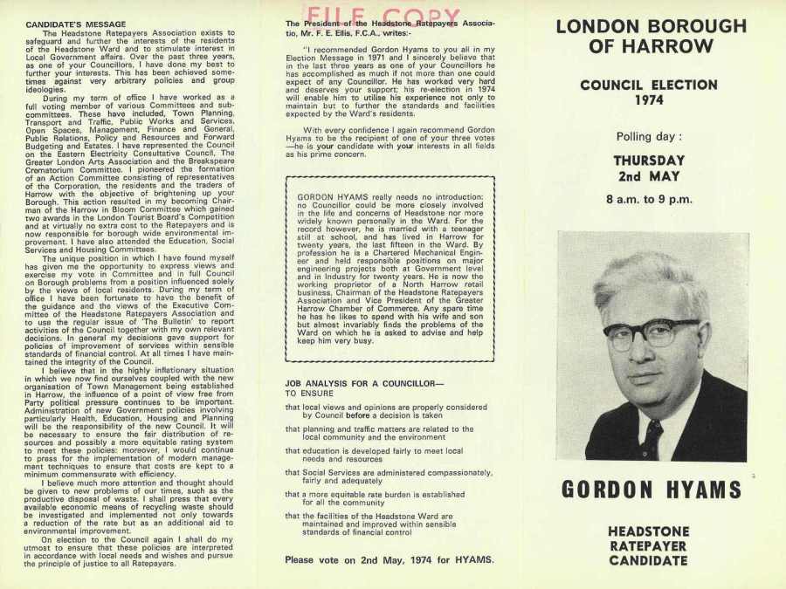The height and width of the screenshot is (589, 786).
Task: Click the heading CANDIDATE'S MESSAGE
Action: click(75, 24)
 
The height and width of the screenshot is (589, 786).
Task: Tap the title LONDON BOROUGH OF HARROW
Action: click(651, 36)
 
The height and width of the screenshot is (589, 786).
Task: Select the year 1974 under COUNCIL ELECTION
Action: click(649, 100)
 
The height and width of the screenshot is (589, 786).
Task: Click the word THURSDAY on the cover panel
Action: click(649, 161)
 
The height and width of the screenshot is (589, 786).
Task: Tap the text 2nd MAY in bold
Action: click(649, 177)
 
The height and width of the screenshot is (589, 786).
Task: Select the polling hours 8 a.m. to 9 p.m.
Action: click(649, 199)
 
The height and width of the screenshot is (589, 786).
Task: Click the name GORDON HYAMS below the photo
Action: click(651, 490)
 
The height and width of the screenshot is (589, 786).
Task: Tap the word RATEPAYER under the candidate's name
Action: click(649, 545)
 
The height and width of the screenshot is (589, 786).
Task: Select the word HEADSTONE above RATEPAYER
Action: click(649, 531)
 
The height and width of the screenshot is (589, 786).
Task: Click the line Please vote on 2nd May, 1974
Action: click(389, 559)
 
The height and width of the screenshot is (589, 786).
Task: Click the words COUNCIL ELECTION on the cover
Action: click(649, 86)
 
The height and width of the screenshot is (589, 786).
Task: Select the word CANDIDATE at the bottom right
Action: click(649, 560)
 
